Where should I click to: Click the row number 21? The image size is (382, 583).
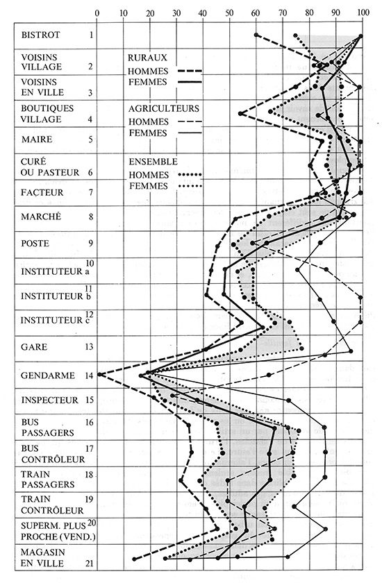pyautogui.click(x=89, y=561)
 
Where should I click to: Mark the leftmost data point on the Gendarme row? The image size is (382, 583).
pyautogui.click(x=100, y=375)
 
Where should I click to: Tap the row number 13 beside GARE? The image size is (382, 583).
pyautogui.click(x=88, y=346)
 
